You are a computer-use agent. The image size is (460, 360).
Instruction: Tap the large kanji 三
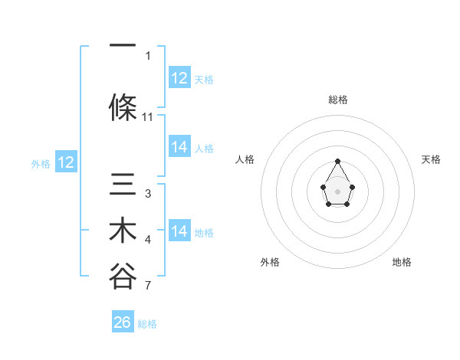tap(123, 185)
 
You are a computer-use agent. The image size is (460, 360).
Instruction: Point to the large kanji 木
tap(123, 231)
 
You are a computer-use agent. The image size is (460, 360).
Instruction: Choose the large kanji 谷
tap(123, 277)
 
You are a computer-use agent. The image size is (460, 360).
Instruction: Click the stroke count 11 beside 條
tap(148, 117)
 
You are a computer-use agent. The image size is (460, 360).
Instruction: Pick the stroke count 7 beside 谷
tap(148, 287)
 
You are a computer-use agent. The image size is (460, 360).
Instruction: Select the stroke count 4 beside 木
tap(148, 241)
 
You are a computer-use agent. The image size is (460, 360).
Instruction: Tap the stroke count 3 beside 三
tap(148, 194)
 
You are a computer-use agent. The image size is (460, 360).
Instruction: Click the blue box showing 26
tap(123, 322)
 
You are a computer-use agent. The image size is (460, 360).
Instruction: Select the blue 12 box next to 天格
tap(179, 78)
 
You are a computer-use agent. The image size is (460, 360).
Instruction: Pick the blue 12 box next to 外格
tap(66, 162)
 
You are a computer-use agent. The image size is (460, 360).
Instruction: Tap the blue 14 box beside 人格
tap(179, 147)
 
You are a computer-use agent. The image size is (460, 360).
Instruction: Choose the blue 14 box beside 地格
tap(179, 231)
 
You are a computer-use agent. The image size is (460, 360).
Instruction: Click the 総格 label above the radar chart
tap(337, 100)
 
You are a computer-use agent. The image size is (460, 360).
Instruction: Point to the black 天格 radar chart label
tap(432, 159)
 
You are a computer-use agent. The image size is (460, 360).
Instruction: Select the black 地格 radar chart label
tap(402, 262)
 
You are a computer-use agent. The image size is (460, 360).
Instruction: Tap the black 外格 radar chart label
tap(270, 262)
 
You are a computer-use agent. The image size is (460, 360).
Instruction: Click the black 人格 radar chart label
tap(245, 159)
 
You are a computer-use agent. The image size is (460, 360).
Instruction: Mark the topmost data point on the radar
tap(337, 161)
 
